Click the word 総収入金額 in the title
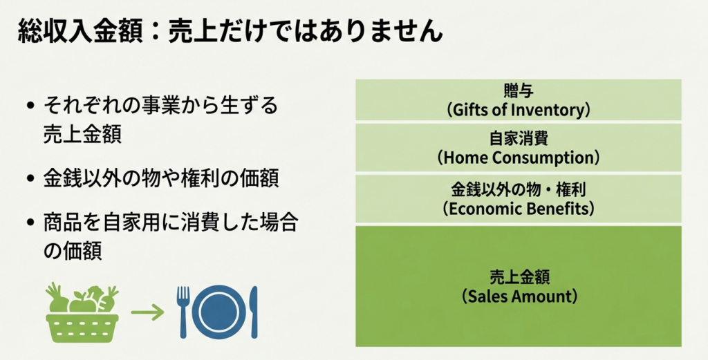[x=79, y=31]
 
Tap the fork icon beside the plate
[x=183, y=312]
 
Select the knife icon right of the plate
[x=254, y=312]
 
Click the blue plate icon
[x=219, y=312]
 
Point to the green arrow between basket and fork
[x=147, y=312]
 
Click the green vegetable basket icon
[x=82, y=312]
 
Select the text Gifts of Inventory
[x=519, y=110]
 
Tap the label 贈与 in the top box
[x=519, y=92]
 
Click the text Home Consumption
[x=519, y=158]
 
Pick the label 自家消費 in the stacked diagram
[x=519, y=138]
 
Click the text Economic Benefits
[x=519, y=209]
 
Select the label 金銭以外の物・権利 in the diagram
[x=519, y=189]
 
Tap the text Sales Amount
[x=519, y=297]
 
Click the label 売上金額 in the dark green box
[x=519, y=277]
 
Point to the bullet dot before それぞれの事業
[x=30, y=107]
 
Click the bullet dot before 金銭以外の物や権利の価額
[x=30, y=178]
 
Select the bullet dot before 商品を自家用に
[x=30, y=222]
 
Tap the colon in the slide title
[x=154, y=32]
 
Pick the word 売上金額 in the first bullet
[x=82, y=135]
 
